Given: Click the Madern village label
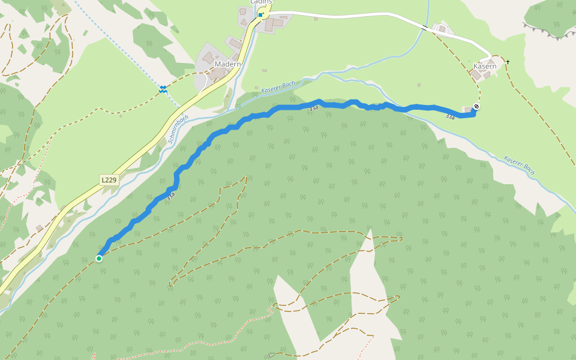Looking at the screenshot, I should (x=228, y=64).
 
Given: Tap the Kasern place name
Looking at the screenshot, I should (x=485, y=66).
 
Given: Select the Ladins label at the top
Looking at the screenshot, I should (x=262, y=2).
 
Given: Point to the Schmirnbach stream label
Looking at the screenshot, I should (x=179, y=130).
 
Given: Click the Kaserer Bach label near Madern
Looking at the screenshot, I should (x=278, y=87).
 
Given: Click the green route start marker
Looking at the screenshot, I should (x=99, y=259).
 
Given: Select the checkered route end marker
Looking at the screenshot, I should (x=476, y=106).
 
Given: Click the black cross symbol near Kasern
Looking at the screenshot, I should (x=508, y=62).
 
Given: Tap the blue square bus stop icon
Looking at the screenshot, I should (x=260, y=15).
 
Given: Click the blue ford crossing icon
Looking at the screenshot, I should (x=163, y=89).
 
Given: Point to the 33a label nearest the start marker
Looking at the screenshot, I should (x=171, y=195).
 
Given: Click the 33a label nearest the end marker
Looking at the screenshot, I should (x=450, y=117).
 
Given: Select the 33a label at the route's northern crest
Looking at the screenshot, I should (x=314, y=108).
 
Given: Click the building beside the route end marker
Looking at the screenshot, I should (x=468, y=109).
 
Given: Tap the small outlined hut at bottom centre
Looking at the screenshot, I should (x=272, y=355).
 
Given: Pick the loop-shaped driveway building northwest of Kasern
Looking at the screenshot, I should (x=442, y=28).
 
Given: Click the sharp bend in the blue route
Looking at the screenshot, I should (x=177, y=175).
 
